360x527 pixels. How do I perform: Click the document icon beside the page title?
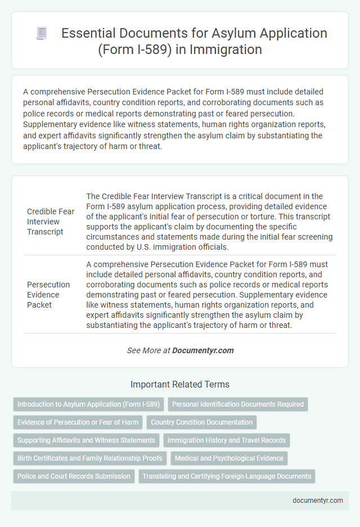point(42,33)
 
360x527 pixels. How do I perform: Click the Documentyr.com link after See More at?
point(202,350)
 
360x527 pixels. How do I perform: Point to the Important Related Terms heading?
point(180,385)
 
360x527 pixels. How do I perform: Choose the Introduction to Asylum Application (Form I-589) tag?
point(88,404)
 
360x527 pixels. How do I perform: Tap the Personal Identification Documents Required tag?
point(238,404)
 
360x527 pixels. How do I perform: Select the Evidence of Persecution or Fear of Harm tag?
point(78,422)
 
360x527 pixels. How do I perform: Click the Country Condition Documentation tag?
point(201,422)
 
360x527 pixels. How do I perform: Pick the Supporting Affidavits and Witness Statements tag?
point(86,440)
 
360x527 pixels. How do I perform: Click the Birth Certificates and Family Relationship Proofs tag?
point(90,458)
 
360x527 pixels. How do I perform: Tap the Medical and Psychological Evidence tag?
point(229,458)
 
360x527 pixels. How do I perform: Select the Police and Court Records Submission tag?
point(74,476)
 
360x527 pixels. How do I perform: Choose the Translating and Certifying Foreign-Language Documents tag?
point(227,476)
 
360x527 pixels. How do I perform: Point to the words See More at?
point(148,350)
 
